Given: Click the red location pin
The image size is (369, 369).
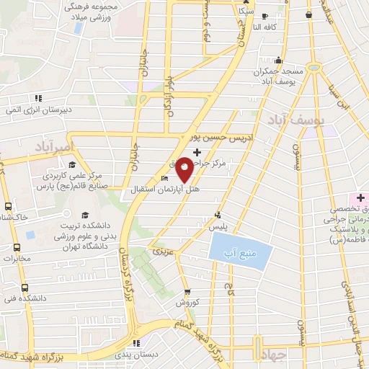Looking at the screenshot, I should click(184, 169).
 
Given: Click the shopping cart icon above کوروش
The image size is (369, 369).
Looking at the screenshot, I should click(187, 292).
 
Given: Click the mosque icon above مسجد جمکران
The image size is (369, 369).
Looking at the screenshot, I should click(277, 61).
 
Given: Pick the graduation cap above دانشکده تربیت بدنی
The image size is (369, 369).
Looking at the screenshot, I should click(84, 215).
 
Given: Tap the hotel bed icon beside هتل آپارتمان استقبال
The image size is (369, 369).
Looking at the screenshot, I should click(165, 179).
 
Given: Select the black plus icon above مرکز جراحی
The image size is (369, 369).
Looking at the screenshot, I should click(197, 151).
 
